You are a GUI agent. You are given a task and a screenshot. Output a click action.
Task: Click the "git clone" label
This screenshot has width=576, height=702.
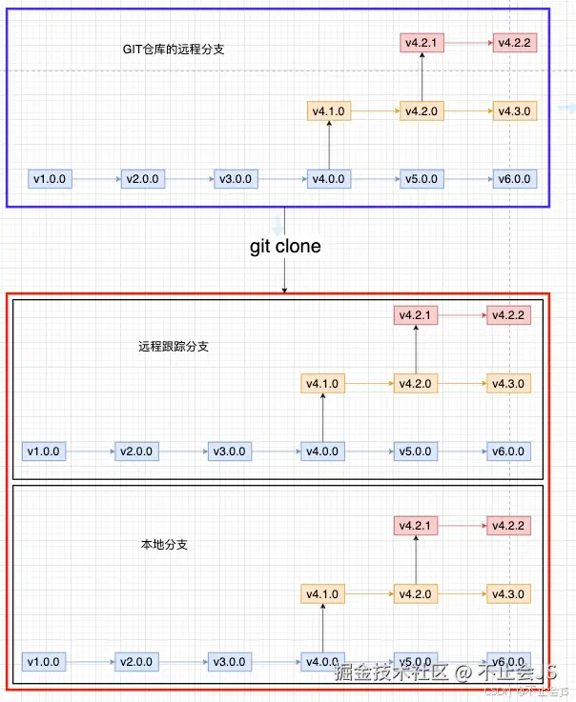(285, 247)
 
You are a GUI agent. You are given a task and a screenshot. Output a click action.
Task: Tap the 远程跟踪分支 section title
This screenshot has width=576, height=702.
(173, 347)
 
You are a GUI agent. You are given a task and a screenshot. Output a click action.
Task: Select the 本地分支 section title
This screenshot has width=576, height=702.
(164, 545)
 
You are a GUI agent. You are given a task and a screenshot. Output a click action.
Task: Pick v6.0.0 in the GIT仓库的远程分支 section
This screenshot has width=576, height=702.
(514, 178)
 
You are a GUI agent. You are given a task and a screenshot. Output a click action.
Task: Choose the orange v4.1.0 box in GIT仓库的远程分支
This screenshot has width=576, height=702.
(328, 111)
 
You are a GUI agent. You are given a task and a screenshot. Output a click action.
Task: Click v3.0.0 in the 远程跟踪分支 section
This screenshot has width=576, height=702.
(230, 451)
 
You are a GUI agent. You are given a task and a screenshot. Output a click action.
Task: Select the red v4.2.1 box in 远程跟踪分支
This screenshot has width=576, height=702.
(416, 315)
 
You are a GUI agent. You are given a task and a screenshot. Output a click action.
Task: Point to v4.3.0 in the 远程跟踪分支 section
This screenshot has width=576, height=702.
(508, 384)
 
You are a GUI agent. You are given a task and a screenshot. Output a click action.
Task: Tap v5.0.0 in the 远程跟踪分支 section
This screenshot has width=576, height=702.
(416, 451)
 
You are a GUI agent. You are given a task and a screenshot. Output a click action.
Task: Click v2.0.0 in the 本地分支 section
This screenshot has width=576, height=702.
(138, 662)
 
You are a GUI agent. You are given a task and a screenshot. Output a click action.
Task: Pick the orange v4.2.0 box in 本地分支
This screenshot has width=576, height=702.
(416, 594)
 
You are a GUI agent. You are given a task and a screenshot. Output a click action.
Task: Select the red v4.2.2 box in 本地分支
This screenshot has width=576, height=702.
(508, 525)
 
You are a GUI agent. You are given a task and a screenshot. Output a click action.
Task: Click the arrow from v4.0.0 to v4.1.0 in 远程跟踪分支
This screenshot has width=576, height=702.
(323, 417)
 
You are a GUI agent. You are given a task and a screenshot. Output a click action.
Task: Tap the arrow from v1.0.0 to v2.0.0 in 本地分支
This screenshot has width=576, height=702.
(92, 662)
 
